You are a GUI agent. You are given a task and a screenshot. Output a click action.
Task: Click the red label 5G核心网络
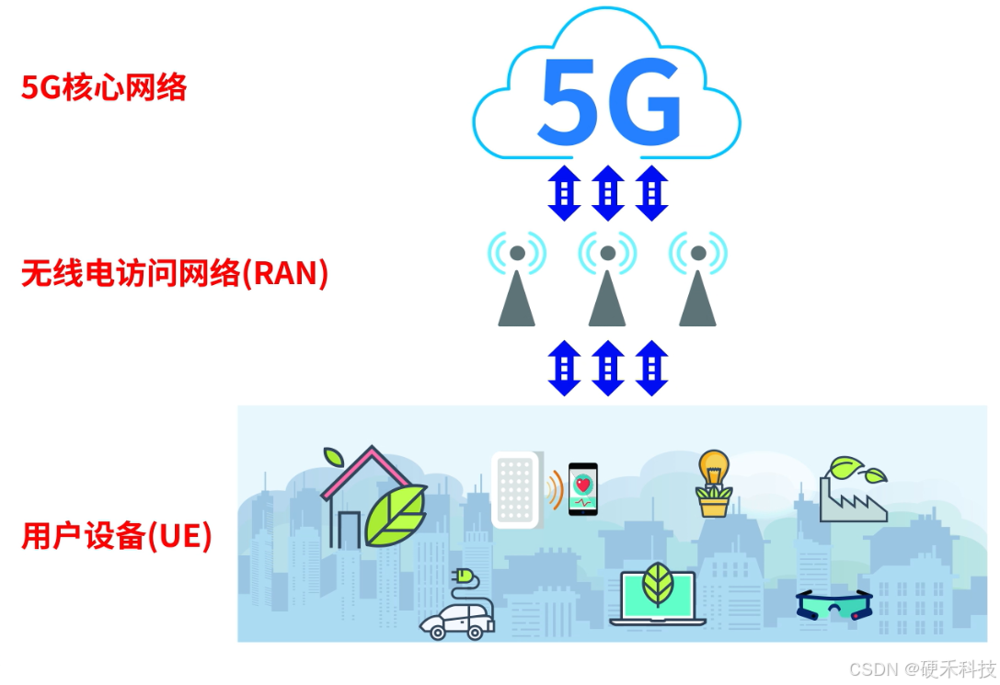(x=104, y=88)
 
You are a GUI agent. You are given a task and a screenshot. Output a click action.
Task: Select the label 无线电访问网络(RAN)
(x=174, y=273)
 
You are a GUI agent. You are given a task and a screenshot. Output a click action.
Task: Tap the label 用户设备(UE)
(x=117, y=535)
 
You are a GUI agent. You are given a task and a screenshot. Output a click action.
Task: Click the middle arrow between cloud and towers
(x=607, y=193)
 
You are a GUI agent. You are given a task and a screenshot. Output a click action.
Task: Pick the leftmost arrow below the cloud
(x=563, y=193)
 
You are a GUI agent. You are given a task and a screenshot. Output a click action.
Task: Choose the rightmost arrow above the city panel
(x=651, y=368)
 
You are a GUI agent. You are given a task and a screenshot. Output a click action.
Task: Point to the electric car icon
(x=457, y=613)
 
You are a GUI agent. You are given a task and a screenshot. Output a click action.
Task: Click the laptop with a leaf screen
(x=657, y=597)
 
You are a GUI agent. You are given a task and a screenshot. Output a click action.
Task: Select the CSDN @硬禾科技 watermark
(x=922, y=668)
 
